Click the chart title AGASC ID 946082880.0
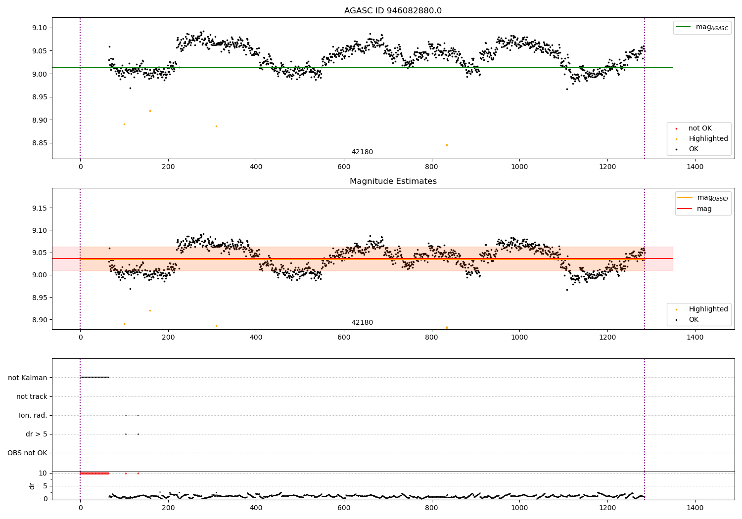click(x=393, y=11)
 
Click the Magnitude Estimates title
click(x=393, y=181)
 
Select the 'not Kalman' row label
click(x=28, y=378)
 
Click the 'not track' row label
click(x=32, y=396)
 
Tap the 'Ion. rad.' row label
click(x=33, y=415)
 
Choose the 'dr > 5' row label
click(x=37, y=434)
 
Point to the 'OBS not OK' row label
click(x=27, y=453)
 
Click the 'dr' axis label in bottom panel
click(x=32, y=486)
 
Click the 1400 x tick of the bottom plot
click(x=695, y=508)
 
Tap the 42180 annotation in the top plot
click(x=362, y=152)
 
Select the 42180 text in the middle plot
click(x=362, y=323)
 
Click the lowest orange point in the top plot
click(x=447, y=145)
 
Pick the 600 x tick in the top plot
click(x=344, y=167)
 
